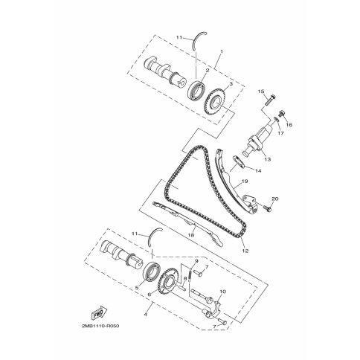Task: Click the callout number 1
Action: (222, 51)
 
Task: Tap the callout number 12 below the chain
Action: (245, 251)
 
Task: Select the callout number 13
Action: (268, 159)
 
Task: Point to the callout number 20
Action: (275, 199)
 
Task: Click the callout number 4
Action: (146, 314)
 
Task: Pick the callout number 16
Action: (289, 125)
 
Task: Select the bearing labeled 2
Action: (196, 89)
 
